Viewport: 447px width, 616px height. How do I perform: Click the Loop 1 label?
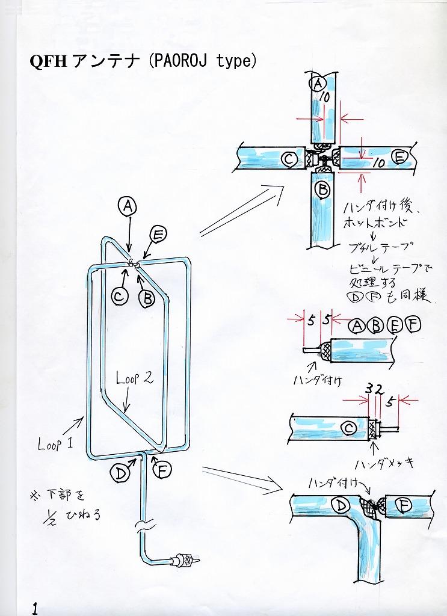pos(55,444)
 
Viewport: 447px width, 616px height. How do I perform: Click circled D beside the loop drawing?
pos(120,473)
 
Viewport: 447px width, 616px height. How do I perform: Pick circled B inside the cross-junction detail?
pos(322,191)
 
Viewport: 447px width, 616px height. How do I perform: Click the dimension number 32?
pos(375,389)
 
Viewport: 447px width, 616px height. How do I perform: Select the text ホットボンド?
pos(377,223)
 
